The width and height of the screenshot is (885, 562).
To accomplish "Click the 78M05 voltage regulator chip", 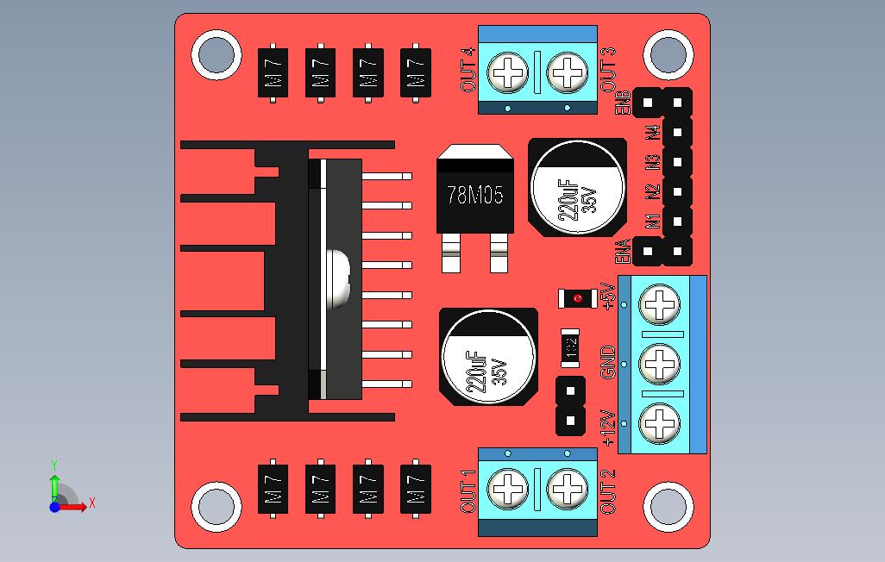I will [475, 193].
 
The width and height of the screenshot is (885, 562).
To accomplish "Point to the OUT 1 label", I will [468, 492].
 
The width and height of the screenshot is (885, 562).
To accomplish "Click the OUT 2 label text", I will [608, 491].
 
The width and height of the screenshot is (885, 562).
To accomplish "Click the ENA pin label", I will [623, 251].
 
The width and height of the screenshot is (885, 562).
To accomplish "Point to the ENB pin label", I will [623, 103].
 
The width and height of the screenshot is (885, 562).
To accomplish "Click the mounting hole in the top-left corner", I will [216, 54].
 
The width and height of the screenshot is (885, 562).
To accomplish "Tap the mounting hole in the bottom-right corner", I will [668, 506].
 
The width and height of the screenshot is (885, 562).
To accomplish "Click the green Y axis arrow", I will [54, 481].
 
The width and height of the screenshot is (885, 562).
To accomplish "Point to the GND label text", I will [609, 362].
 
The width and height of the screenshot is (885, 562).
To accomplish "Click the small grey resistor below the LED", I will [570, 347].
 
